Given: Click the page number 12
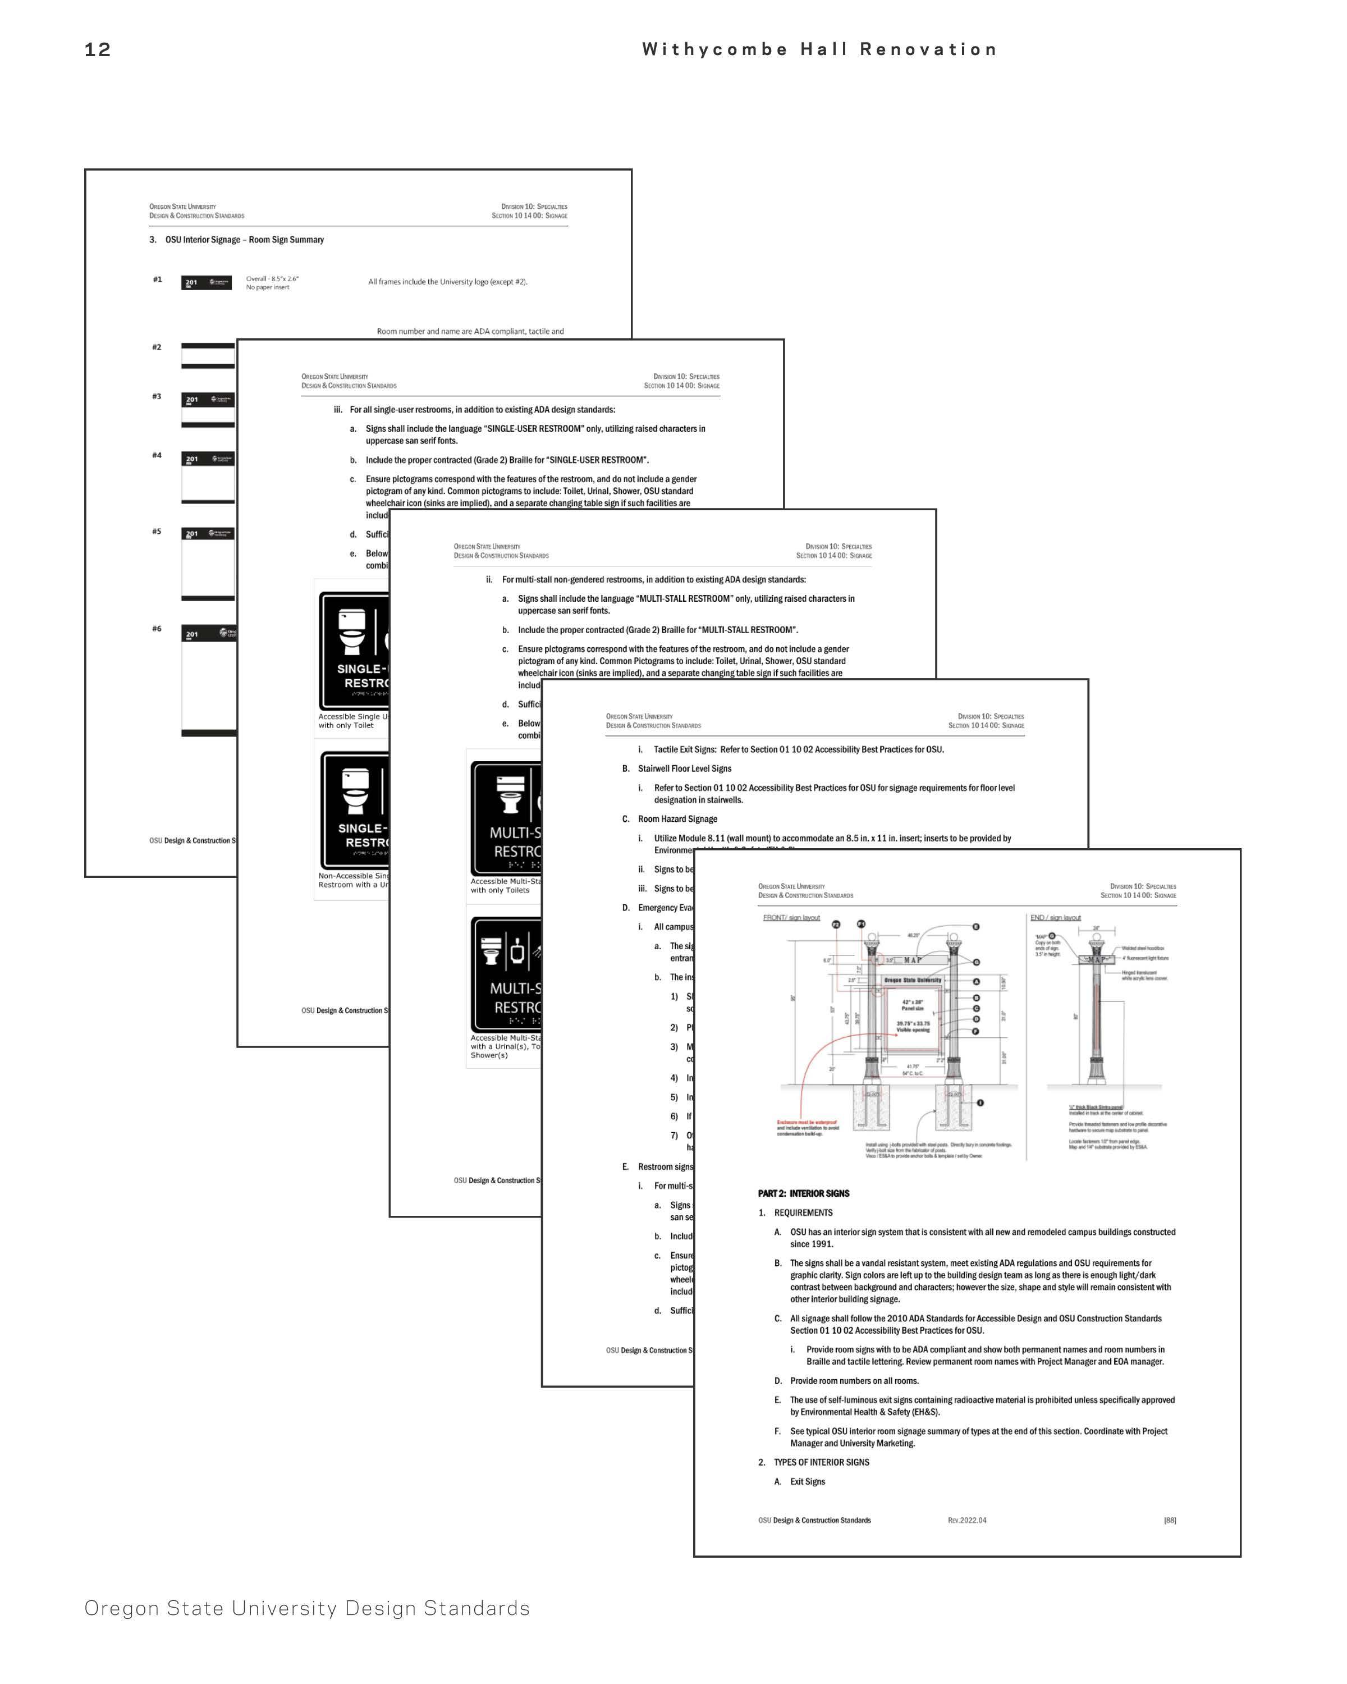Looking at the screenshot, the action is [x=98, y=50].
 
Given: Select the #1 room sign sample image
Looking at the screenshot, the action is [x=206, y=283].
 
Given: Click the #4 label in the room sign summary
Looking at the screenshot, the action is [x=157, y=455].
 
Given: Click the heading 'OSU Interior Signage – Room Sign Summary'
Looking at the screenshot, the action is [x=244, y=240].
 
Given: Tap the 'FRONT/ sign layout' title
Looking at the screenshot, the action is [x=791, y=918].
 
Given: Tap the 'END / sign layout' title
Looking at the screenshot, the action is [x=1055, y=918].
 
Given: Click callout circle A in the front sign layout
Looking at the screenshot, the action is [x=976, y=982].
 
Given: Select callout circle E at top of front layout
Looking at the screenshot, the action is [x=976, y=927].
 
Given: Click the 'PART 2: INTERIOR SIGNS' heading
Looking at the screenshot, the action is [x=804, y=1193].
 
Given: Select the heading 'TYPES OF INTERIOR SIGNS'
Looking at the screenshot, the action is [x=822, y=1462].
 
